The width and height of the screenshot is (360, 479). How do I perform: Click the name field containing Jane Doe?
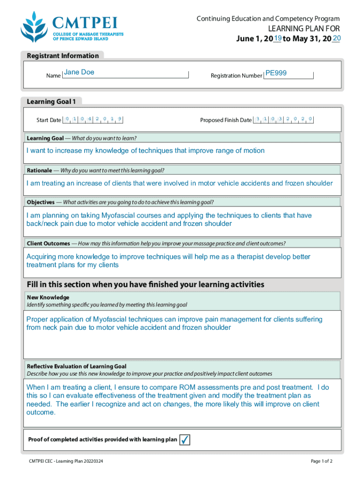click(125, 73)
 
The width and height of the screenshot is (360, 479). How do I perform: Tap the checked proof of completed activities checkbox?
click(185, 440)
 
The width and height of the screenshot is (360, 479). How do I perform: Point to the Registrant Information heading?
click(63, 56)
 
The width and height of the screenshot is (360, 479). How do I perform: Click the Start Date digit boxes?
click(93, 119)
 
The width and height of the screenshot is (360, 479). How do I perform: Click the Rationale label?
click(39, 170)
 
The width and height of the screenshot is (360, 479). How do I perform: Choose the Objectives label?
click(41, 202)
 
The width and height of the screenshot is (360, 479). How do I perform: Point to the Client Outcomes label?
click(49, 243)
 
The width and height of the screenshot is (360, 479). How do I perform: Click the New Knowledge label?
click(48, 298)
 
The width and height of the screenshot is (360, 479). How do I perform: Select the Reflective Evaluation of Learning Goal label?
click(77, 366)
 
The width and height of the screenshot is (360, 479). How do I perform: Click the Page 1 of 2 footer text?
click(321, 461)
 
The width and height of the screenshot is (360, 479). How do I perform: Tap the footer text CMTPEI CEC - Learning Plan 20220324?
click(65, 461)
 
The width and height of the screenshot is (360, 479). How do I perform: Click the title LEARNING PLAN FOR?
click(303, 29)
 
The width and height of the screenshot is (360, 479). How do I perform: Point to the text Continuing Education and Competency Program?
click(268, 19)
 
